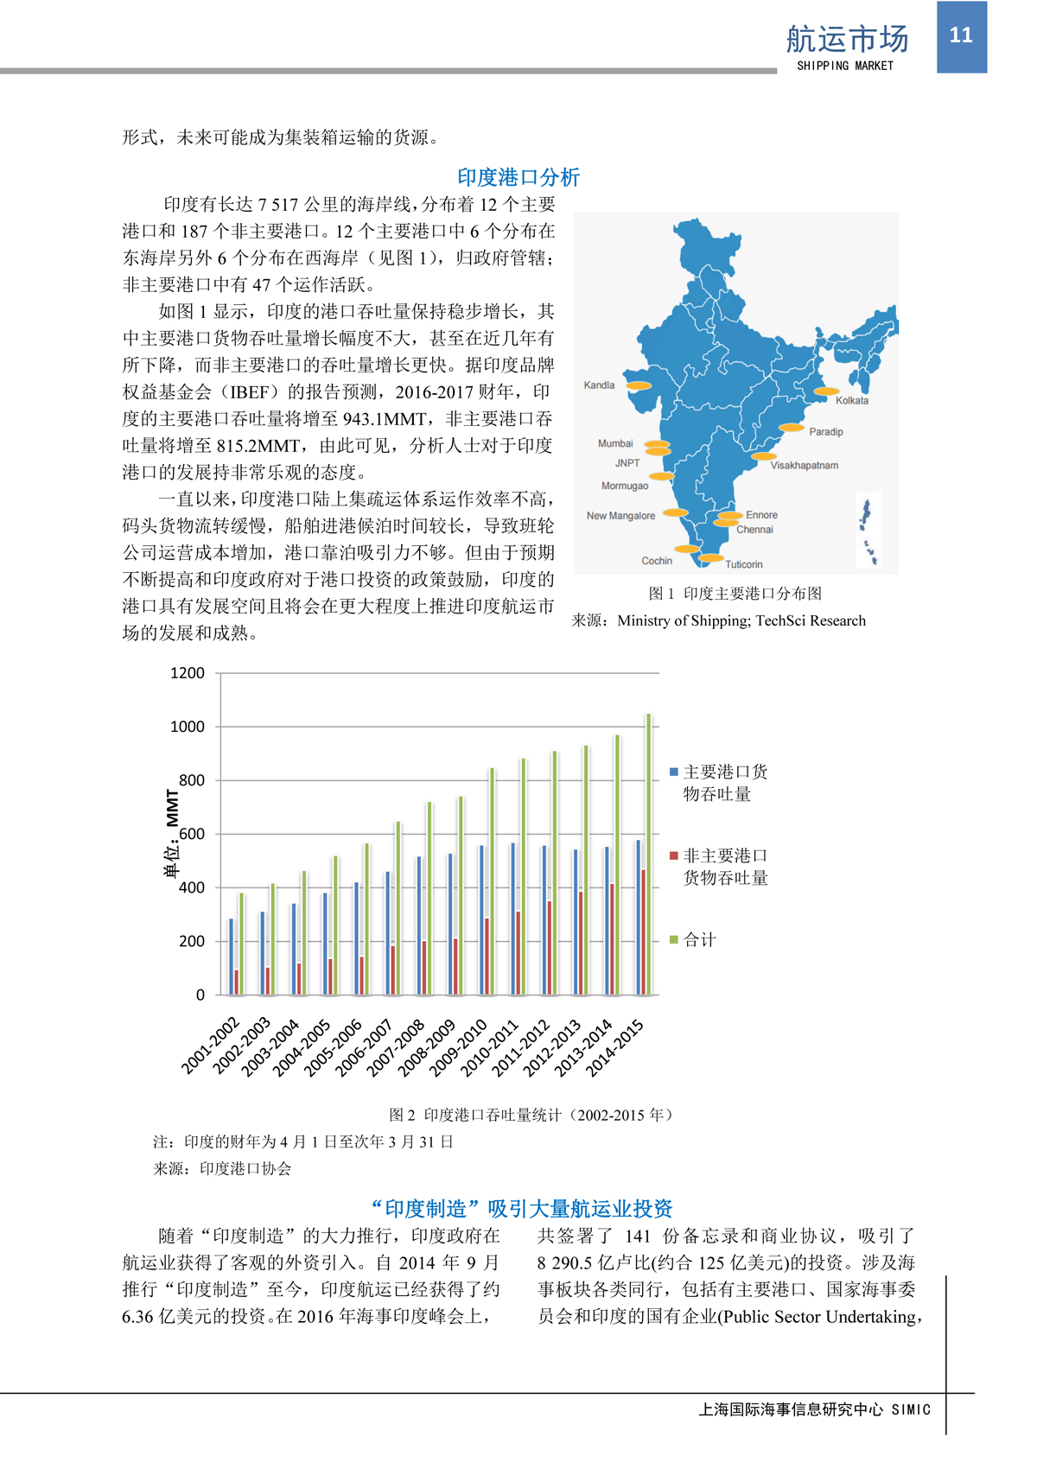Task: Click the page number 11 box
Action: (961, 36)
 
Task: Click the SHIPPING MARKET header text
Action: (844, 66)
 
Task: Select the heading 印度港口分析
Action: (518, 177)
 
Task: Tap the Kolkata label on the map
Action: (851, 400)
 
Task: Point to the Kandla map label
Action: (599, 385)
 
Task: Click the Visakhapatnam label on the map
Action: (804, 465)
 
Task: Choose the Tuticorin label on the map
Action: (743, 564)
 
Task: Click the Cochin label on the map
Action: (657, 561)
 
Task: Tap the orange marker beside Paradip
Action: (792, 428)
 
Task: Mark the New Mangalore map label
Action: (620, 516)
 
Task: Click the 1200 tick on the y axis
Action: (188, 673)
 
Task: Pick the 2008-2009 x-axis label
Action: (428, 1047)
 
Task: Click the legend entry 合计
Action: (699, 939)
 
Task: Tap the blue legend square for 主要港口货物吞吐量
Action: (674, 772)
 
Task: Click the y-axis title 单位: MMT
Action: (172, 833)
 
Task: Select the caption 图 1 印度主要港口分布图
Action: (735, 594)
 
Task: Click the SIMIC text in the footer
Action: (911, 1409)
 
